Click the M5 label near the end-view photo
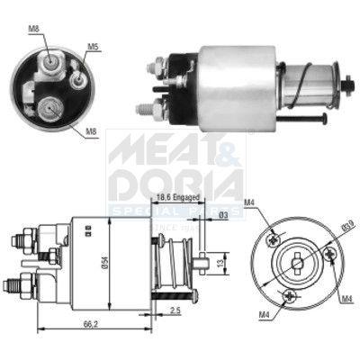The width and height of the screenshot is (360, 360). click(x=94, y=46)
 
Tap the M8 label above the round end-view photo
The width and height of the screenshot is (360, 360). click(x=33, y=31)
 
